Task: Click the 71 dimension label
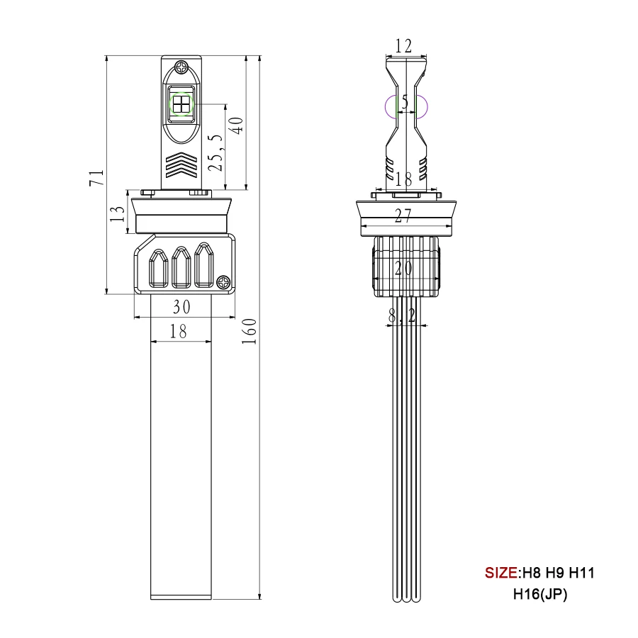(x=97, y=178)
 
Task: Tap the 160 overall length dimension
(x=249, y=331)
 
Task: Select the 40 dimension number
(x=236, y=125)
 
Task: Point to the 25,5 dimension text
(x=216, y=152)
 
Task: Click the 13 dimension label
(x=118, y=213)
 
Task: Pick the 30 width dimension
(x=181, y=307)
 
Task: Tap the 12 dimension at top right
(x=403, y=46)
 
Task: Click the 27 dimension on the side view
(x=403, y=216)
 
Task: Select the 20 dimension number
(x=403, y=268)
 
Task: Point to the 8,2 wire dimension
(x=402, y=315)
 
